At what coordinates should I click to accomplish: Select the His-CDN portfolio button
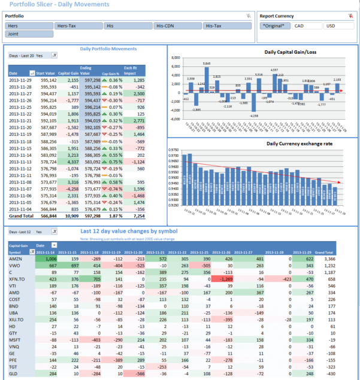tap(177, 26)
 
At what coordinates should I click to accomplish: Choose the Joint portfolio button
tap(29, 34)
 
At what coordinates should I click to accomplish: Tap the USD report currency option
tap(338, 26)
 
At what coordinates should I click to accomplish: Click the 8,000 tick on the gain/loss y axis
tap(176, 58)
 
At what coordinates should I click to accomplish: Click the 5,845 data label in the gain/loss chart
tap(206, 63)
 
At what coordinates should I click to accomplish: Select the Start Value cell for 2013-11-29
tap(47, 80)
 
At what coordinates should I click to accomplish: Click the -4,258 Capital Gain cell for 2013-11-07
tap(71, 189)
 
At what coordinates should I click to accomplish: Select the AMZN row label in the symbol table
tap(15, 258)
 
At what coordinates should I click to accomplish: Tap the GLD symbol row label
tap(14, 373)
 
